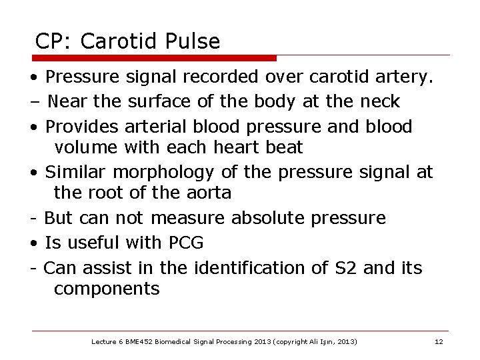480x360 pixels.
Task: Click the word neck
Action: pyautogui.click(x=380, y=101)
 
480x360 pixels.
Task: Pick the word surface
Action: pyautogui.click(x=160, y=101)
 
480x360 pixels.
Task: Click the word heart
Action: pyautogui.click(x=235, y=147)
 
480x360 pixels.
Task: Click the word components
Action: pyautogui.click(x=107, y=289)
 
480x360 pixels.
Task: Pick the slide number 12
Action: pyautogui.click(x=438, y=342)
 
